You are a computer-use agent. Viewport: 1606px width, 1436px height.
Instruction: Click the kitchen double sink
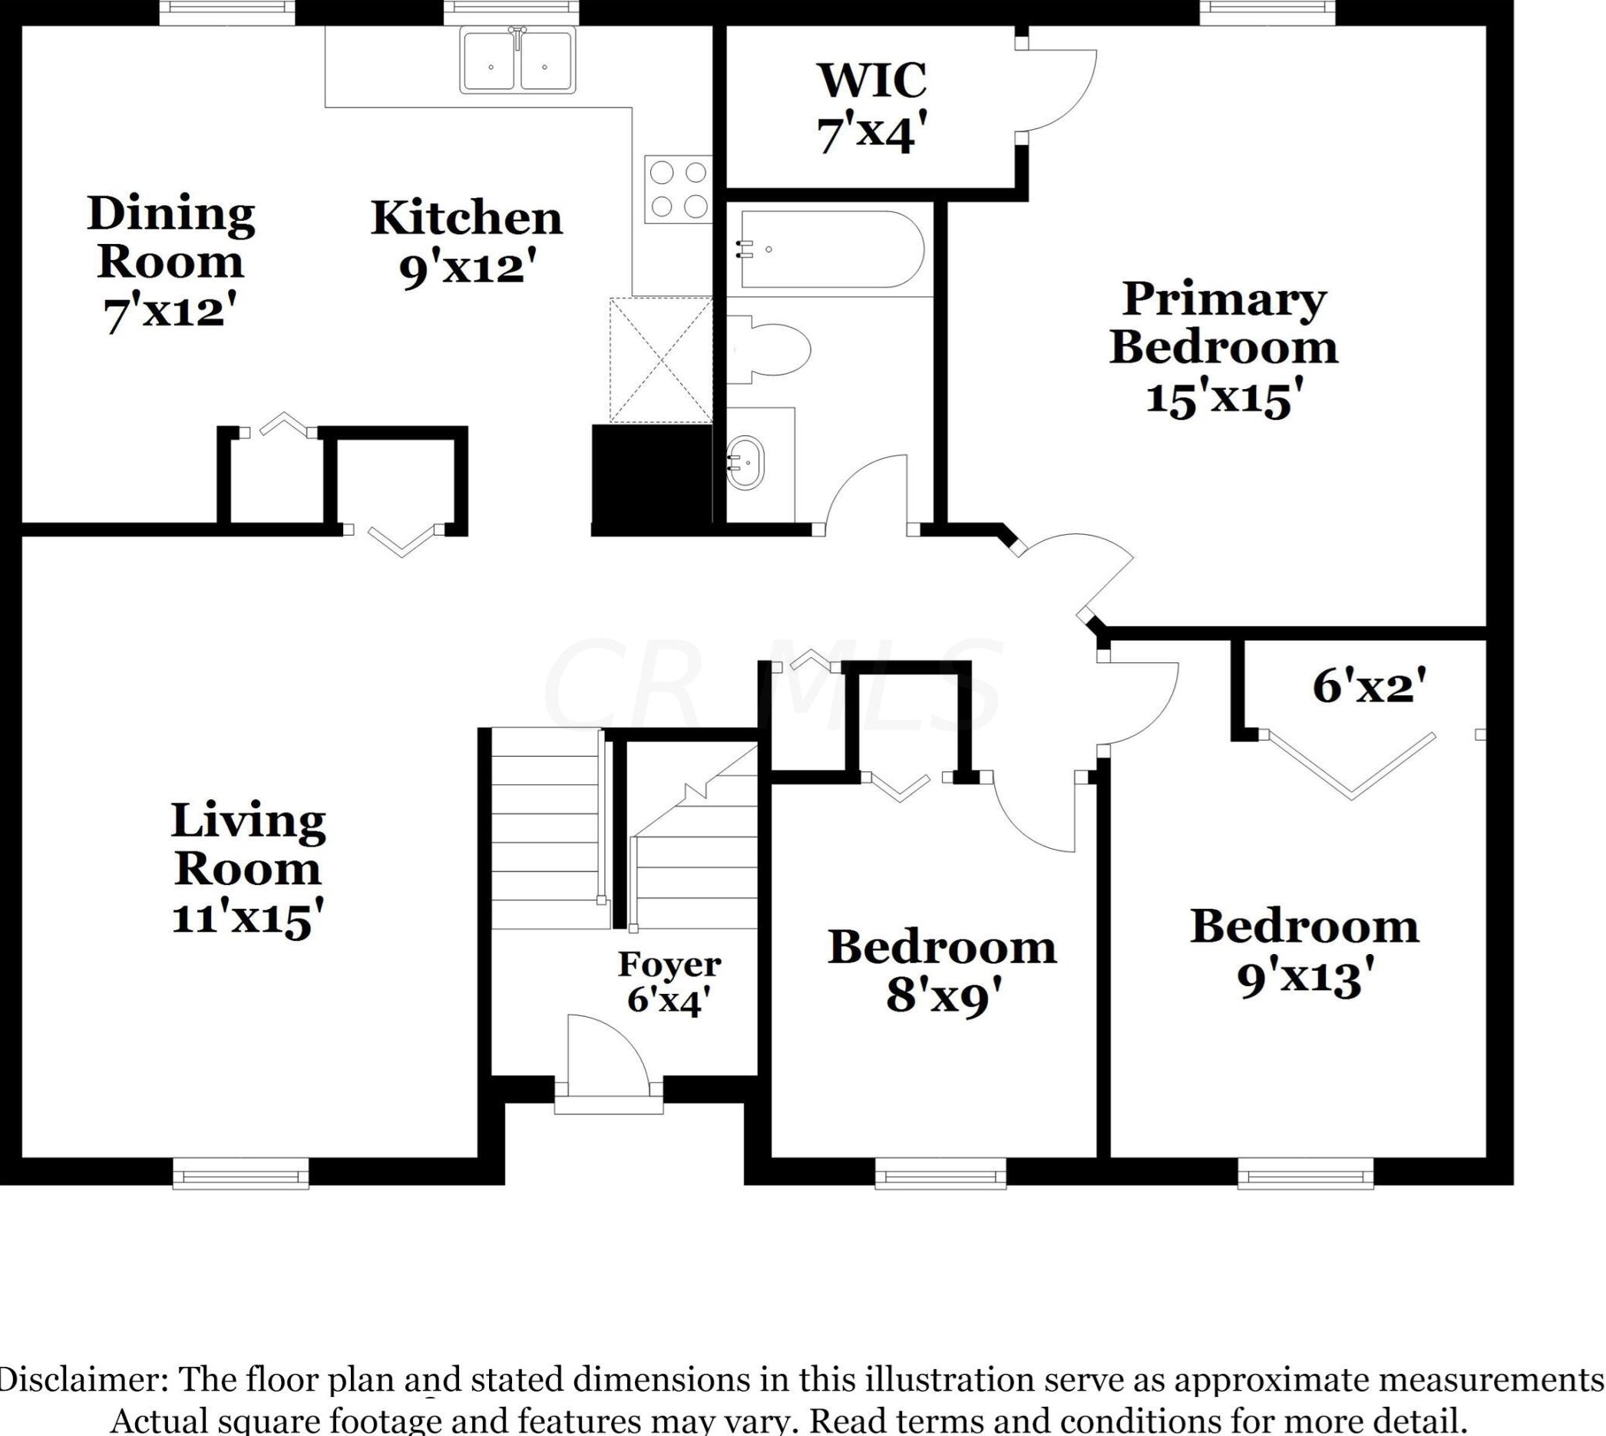[518, 61]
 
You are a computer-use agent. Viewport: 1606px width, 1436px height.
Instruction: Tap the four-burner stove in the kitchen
[678, 190]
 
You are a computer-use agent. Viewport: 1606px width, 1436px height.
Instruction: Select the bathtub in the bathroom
[830, 249]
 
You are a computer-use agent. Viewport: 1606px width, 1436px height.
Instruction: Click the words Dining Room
[170, 236]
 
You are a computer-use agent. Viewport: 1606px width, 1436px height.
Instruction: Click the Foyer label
[669, 964]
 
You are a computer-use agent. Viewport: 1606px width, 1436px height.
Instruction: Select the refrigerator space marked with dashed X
[660, 360]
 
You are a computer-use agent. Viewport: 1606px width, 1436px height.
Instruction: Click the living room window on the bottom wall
[241, 1172]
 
